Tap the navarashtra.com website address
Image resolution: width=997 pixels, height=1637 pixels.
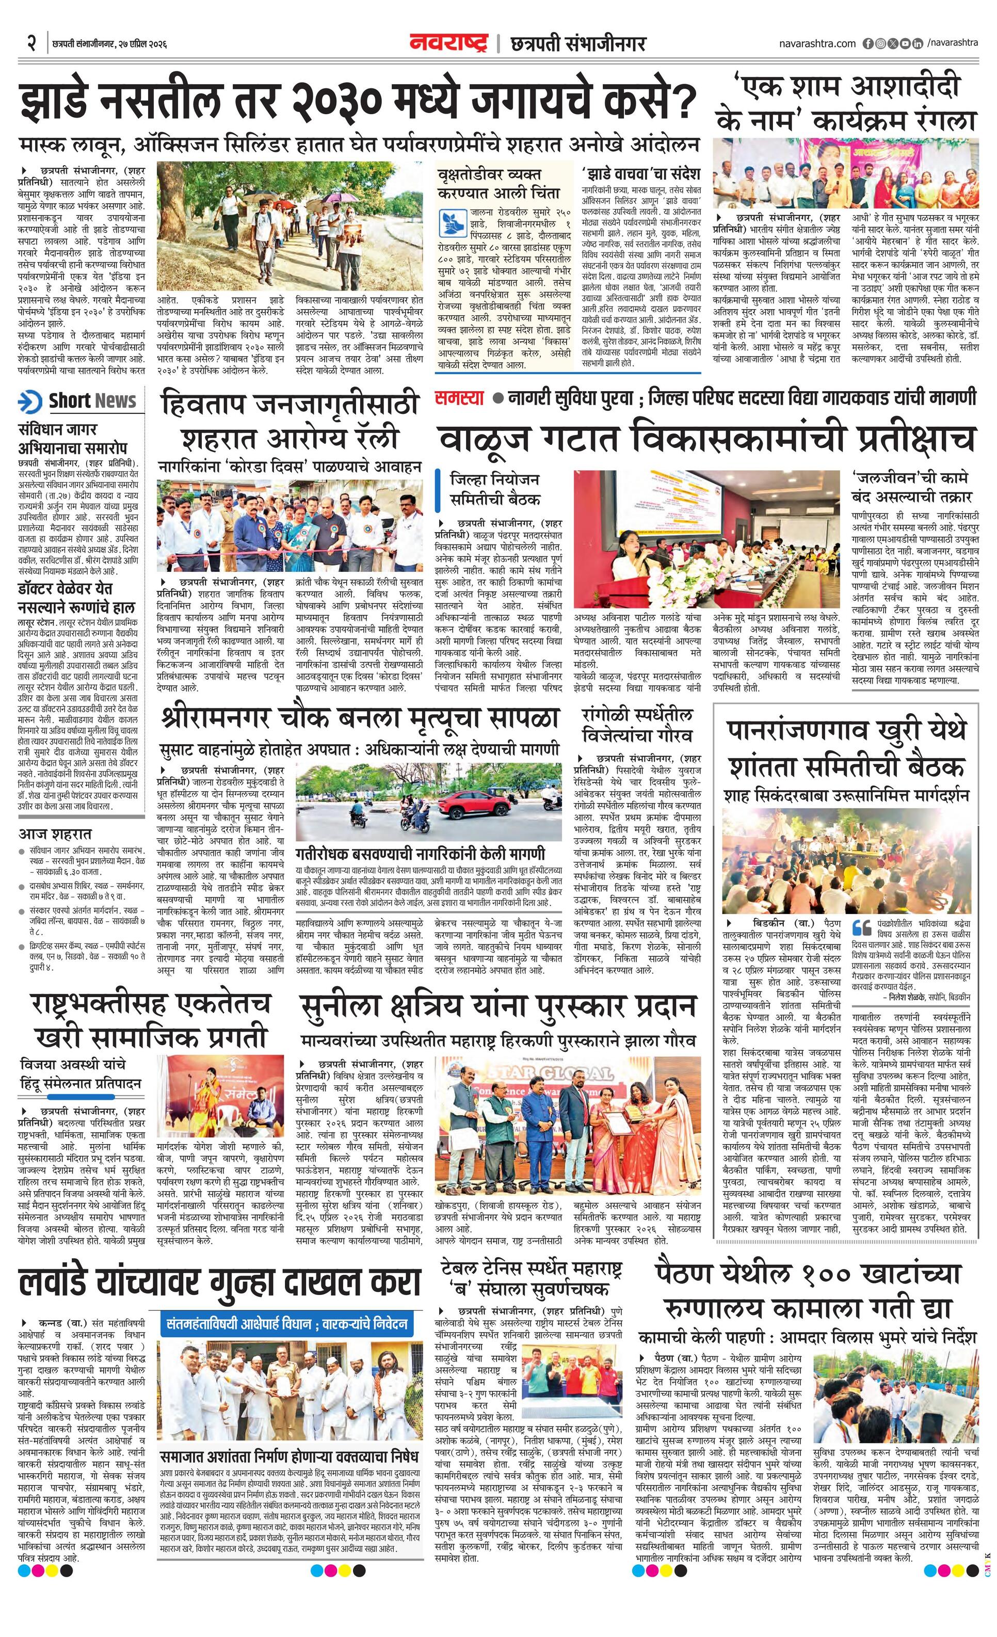click(817, 43)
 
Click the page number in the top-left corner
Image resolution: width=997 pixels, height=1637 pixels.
click(30, 44)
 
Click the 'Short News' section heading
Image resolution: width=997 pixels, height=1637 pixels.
click(92, 402)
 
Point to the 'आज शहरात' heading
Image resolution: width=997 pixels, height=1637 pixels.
click(55, 834)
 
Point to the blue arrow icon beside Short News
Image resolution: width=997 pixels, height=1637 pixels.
click(30, 402)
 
